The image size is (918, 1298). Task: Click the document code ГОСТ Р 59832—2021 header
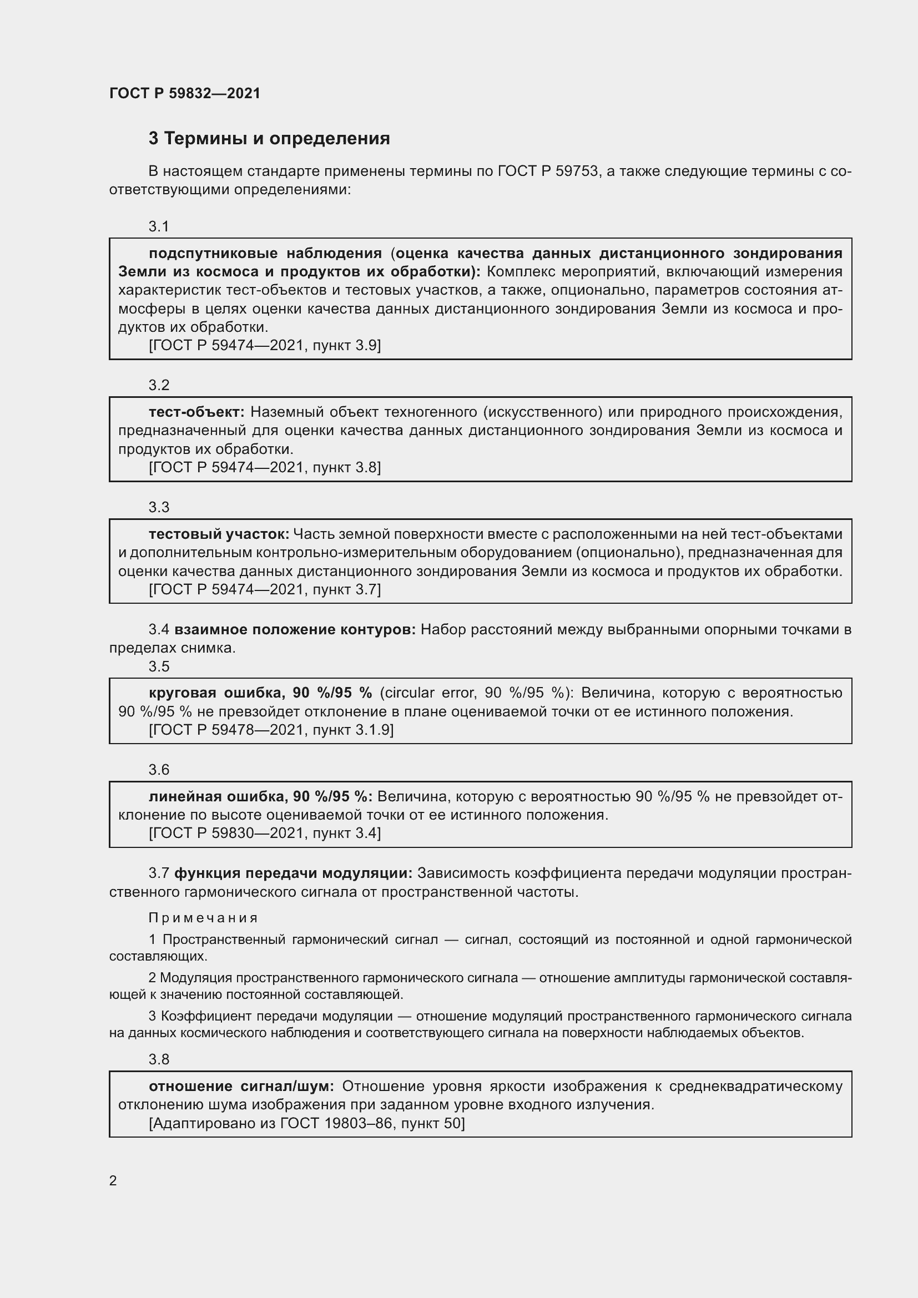click(185, 93)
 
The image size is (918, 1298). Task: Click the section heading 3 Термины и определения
click(269, 139)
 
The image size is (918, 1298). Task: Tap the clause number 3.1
click(159, 227)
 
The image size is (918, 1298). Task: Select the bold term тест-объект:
click(196, 412)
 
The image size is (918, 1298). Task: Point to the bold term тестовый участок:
click(219, 534)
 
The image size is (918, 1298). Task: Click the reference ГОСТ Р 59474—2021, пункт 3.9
click(265, 345)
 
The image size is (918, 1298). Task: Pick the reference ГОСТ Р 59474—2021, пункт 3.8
click(265, 467)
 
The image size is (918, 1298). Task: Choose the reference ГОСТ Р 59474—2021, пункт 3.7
click(265, 590)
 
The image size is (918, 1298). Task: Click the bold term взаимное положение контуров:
click(295, 630)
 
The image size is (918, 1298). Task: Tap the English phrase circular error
click(430, 693)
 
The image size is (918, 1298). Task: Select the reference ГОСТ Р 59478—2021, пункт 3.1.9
click(271, 730)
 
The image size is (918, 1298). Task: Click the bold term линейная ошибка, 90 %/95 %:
click(260, 796)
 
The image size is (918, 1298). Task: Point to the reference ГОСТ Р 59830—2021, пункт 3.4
click(265, 833)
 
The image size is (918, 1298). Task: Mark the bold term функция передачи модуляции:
click(294, 873)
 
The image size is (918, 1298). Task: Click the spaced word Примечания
click(204, 918)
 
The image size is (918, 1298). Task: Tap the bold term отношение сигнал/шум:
click(241, 1087)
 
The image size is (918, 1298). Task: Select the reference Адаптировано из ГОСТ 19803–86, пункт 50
click(306, 1123)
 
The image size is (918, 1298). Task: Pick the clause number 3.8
click(159, 1059)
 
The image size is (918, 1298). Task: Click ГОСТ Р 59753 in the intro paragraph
click(548, 171)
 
